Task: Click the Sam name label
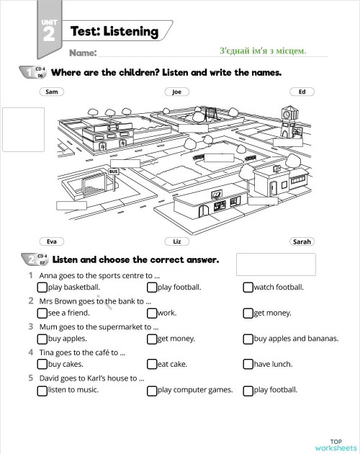pos(51,92)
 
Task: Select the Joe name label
pos(176,92)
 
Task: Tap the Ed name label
pos(302,92)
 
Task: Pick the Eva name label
pos(51,241)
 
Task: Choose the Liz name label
pos(176,241)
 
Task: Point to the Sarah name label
pos(302,241)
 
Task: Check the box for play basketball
pos(42,288)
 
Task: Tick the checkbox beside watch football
pos(248,288)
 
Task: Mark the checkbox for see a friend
pos(42,313)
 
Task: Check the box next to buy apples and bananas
pos(248,339)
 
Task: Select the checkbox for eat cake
pos(152,365)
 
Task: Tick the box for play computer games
pos(152,391)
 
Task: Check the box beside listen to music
pos(42,391)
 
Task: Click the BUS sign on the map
pos(113,171)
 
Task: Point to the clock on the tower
pos(287,114)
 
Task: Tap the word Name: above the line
pos(83,53)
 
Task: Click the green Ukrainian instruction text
pos(262,50)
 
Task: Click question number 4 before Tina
pos(30,352)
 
